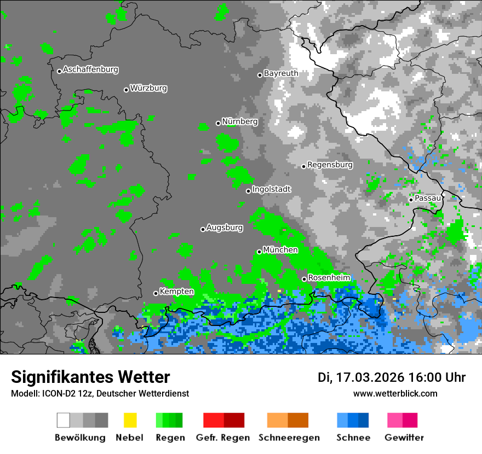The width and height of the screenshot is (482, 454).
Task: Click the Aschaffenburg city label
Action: (90, 70)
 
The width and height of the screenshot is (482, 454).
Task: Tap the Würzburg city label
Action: (148, 88)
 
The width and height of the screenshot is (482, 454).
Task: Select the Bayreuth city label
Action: (281, 73)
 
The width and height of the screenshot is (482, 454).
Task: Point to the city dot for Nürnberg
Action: (218, 123)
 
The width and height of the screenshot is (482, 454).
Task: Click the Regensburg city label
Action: (330, 165)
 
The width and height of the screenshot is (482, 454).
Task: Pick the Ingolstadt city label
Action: (272, 189)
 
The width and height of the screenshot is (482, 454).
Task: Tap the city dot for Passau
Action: (411, 200)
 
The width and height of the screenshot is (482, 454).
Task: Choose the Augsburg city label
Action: (225, 228)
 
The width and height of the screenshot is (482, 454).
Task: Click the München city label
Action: (280, 250)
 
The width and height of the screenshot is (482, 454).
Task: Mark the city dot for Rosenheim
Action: (304, 280)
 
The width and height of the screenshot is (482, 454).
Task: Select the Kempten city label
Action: (176, 292)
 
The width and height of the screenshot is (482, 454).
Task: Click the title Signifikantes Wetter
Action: (90, 377)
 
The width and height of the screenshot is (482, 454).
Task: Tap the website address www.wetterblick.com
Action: (395, 393)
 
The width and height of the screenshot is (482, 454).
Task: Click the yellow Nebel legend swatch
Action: (130, 420)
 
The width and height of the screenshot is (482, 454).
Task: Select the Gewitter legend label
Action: (404, 438)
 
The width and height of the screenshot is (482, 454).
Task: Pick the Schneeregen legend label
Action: (289, 438)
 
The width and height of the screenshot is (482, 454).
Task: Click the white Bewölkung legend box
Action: (64, 420)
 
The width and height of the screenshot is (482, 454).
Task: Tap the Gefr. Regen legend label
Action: (222, 438)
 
